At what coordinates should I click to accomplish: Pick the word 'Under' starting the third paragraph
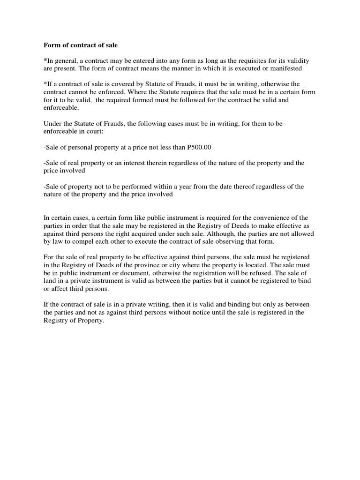(52, 123)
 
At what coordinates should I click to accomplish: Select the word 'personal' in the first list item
(79, 147)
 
